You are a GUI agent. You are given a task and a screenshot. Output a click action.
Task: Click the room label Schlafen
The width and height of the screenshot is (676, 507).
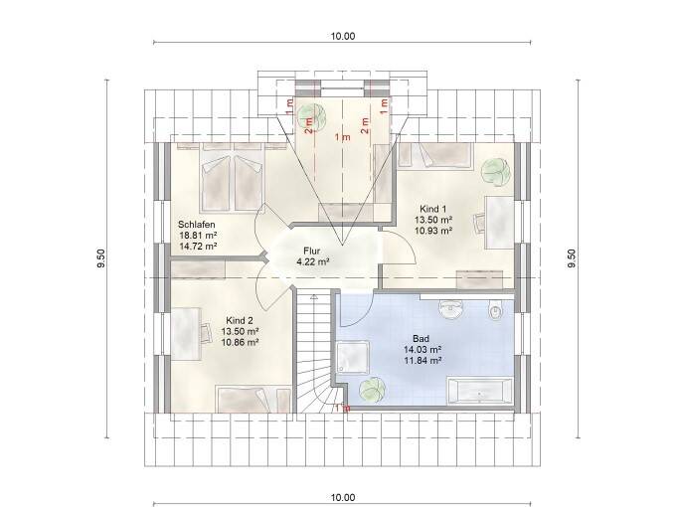click(197, 224)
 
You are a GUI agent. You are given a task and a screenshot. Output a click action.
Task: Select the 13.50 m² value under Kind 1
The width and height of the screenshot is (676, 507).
click(432, 219)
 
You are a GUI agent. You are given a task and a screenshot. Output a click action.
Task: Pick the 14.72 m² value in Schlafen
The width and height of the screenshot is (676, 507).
click(198, 246)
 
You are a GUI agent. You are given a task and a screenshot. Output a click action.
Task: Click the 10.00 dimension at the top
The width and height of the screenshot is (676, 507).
click(342, 37)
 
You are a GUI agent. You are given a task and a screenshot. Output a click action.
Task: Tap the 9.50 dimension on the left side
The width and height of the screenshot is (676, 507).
click(100, 258)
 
